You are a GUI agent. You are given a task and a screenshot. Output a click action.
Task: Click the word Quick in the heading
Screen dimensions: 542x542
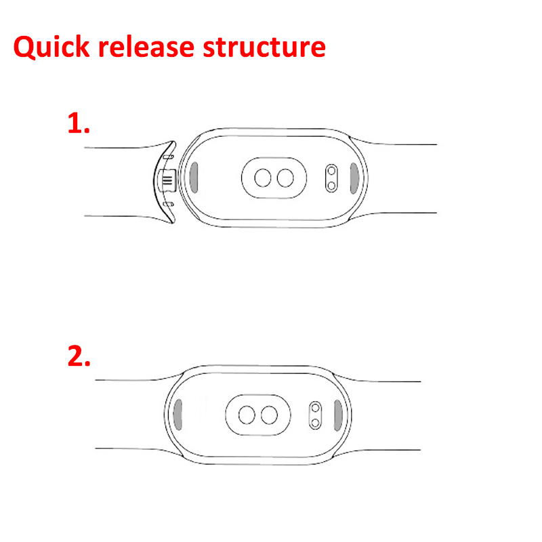point(51,47)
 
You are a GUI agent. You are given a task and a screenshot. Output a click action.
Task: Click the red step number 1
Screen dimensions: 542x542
point(79,123)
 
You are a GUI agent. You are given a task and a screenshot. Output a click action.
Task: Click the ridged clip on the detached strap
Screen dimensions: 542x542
point(165,180)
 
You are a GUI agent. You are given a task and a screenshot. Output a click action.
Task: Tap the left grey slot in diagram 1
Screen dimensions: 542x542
point(193,178)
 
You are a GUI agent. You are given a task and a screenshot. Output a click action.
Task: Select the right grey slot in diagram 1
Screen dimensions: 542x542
point(354,178)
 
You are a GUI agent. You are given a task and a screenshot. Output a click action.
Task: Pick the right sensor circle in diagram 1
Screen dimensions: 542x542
point(285,178)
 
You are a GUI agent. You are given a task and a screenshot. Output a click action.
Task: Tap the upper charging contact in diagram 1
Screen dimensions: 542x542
point(331,171)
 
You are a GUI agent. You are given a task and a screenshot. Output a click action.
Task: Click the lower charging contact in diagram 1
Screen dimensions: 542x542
point(331,184)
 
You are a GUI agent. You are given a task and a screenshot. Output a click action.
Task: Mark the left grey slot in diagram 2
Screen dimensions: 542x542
point(178,414)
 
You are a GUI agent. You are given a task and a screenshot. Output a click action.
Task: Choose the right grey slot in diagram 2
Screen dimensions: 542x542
point(337,414)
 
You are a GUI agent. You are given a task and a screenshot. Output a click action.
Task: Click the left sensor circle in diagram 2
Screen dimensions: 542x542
point(247,414)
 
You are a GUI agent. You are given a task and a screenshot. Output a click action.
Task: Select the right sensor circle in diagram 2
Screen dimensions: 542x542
point(269,414)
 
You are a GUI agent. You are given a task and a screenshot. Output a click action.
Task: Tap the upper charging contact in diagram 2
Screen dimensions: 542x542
point(314,407)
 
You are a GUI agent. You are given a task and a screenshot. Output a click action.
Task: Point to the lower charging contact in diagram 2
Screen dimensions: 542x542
point(314,421)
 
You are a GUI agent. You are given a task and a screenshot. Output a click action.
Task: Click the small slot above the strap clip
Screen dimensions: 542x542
point(169,157)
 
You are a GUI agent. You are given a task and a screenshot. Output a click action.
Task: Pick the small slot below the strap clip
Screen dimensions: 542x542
point(169,203)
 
